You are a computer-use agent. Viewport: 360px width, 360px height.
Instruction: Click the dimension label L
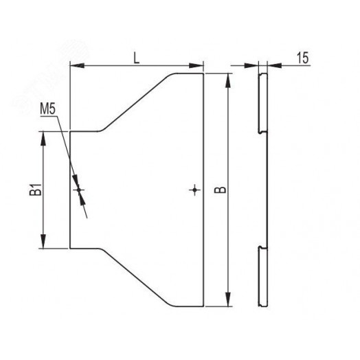tap(137, 59)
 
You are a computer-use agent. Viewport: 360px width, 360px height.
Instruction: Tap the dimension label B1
tap(36, 190)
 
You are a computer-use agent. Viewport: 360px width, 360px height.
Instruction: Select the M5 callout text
tap(48, 109)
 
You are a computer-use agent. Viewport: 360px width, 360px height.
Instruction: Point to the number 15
tap(303, 58)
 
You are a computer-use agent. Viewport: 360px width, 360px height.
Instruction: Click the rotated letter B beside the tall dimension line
tap(220, 190)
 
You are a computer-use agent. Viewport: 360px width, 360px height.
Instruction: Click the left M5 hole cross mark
tap(79, 190)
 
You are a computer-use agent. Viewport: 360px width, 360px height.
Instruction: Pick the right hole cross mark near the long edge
tap(194, 190)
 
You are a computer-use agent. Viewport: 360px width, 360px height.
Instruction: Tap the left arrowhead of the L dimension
tap(77, 66)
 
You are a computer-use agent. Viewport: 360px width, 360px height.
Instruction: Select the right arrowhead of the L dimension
tap(196, 66)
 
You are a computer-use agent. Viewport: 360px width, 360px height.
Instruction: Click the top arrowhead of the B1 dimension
tap(43, 139)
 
